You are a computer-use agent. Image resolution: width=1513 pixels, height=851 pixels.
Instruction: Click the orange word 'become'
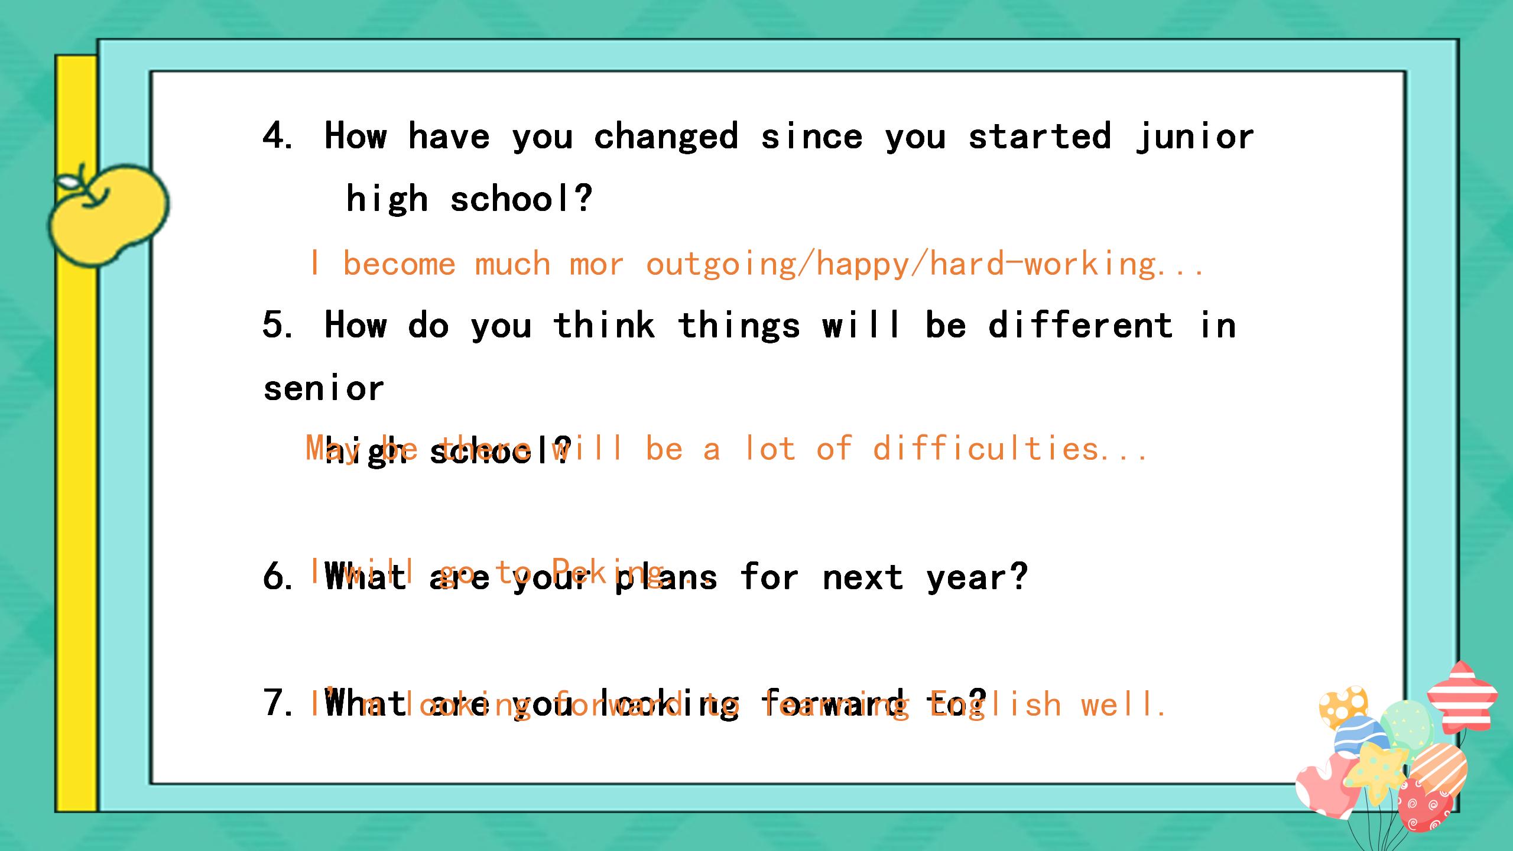point(399,264)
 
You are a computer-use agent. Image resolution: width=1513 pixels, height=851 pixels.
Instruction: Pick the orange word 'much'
point(512,264)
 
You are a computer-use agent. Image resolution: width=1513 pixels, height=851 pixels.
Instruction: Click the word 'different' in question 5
point(1081,326)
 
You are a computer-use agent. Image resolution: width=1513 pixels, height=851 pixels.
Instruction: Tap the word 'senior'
point(324,389)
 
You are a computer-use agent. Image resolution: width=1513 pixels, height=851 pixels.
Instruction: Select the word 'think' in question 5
point(604,326)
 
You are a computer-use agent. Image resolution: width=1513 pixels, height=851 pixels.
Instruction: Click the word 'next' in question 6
point(863,577)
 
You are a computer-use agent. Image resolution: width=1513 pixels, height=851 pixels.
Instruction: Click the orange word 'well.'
point(1123,704)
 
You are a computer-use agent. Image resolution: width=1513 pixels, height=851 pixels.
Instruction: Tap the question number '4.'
point(278,136)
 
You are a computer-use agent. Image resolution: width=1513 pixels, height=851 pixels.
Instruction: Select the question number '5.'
point(278,325)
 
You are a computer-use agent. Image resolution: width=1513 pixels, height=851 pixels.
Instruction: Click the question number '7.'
point(278,703)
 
